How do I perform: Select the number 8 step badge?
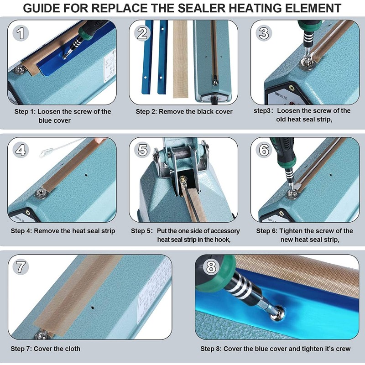[210, 267]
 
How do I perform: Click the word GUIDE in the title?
[45, 8]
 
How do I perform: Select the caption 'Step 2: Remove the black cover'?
[184, 111]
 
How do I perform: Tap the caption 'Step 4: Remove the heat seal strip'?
[63, 231]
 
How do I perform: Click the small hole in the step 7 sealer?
[93, 302]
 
